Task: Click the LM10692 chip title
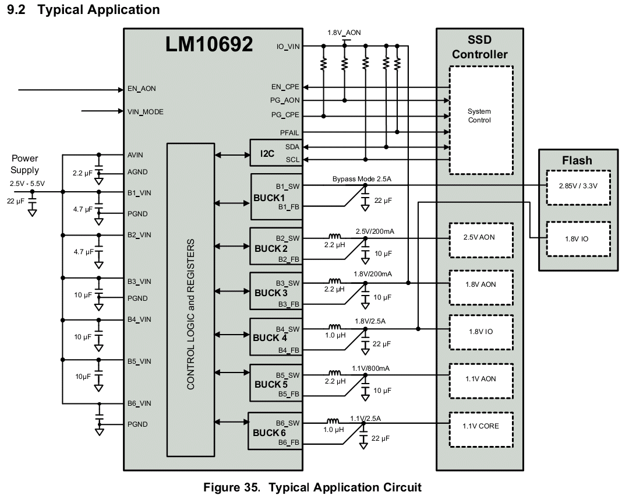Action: coord(209,44)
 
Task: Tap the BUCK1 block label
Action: coord(268,198)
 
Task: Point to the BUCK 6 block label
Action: coord(269,433)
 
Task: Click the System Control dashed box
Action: coord(481,120)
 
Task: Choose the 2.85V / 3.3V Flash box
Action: coord(578,188)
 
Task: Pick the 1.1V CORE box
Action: coord(481,430)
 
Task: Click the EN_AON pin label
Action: coord(142,89)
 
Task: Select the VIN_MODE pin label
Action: coord(145,112)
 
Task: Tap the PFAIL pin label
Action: coord(289,132)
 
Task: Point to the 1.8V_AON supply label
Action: coord(344,33)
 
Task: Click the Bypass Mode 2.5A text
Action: coord(362,179)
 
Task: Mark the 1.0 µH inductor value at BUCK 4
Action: coord(335,335)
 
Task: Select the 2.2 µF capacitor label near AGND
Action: coord(82,173)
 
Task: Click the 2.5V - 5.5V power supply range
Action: coord(27,184)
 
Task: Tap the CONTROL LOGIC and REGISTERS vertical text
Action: coord(190,314)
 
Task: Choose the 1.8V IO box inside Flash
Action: coord(578,239)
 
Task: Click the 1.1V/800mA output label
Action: coord(370,368)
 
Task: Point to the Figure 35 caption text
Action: coord(313,487)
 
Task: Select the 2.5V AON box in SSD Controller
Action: coord(481,240)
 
